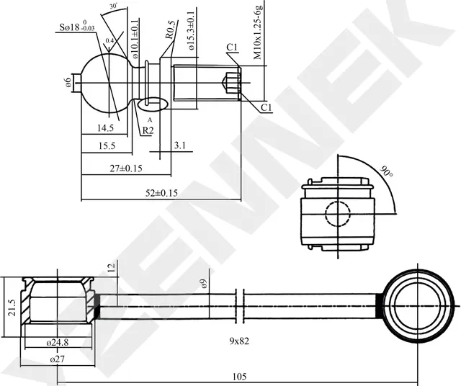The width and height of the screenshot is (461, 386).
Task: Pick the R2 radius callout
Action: [147, 130]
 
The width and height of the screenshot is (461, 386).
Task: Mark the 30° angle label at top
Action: [113, 6]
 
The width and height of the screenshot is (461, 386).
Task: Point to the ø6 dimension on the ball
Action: [68, 84]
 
